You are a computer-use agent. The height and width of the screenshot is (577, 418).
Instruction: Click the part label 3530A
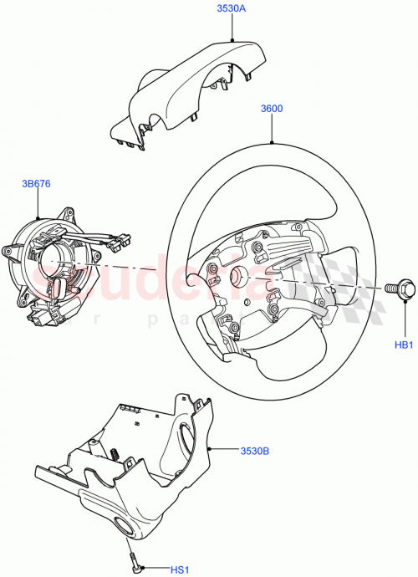pyautogui.click(x=232, y=10)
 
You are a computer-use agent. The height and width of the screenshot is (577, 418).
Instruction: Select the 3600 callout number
pyautogui.click(x=273, y=109)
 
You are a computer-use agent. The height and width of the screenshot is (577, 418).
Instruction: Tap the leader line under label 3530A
pyautogui.click(x=232, y=28)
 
